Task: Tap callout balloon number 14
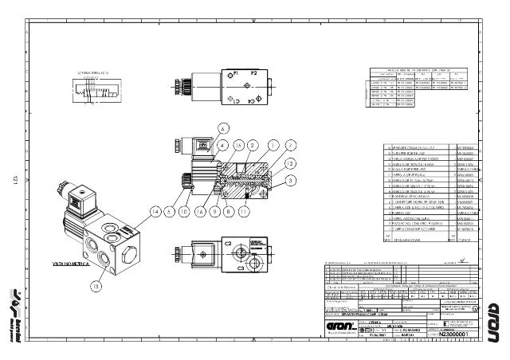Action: coord(156,212)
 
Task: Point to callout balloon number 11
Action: coord(243,212)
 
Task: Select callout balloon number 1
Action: coord(272,145)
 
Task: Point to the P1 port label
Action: coord(235,72)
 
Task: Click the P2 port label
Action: coord(254,72)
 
